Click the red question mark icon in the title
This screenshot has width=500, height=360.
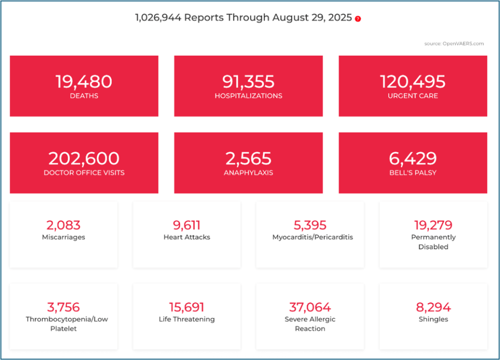click(x=358, y=19)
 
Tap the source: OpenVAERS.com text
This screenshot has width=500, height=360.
click(x=454, y=43)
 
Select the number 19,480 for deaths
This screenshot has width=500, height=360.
click(x=83, y=82)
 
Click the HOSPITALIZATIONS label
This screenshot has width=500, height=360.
click(x=249, y=96)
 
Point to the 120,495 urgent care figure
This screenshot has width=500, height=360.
click(x=413, y=82)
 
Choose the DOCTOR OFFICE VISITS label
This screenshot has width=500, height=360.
click(x=83, y=172)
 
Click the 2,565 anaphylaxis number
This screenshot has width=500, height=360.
click(x=249, y=158)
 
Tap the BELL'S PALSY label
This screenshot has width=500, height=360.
click(x=413, y=172)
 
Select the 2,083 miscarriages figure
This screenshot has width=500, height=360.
click(x=63, y=225)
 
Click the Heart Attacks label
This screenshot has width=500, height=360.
click(x=187, y=237)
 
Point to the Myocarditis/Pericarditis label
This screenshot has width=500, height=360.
click(x=310, y=237)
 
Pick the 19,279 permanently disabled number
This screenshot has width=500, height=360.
click(x=433, y=225)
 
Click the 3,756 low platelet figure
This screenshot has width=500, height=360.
click(x=63, y=307)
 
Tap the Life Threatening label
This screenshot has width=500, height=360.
click(x=187, y=319)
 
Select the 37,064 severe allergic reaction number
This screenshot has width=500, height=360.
click(x=310, y=307)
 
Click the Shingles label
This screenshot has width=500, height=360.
click(x=433, y=319)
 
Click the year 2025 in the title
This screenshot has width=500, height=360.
click(x=340, y=18)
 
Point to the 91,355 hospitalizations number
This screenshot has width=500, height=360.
click(x=249, y=82)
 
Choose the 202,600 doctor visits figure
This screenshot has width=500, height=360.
click(x=83, y=158)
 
